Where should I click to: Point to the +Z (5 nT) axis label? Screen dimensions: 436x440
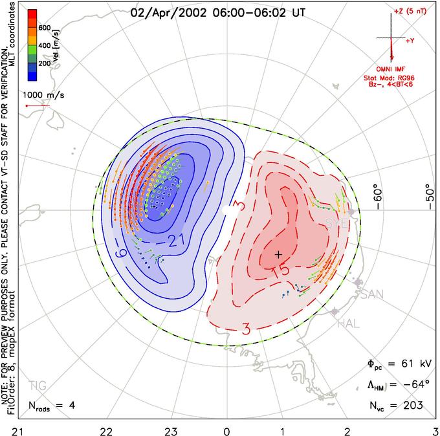[408, 12]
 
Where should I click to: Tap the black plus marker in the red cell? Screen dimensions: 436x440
[278, 255]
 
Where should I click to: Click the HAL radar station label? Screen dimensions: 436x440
[349, 323]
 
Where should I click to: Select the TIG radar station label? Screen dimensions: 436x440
[38, 386]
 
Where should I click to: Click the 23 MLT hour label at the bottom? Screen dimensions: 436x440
[170, 430]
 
